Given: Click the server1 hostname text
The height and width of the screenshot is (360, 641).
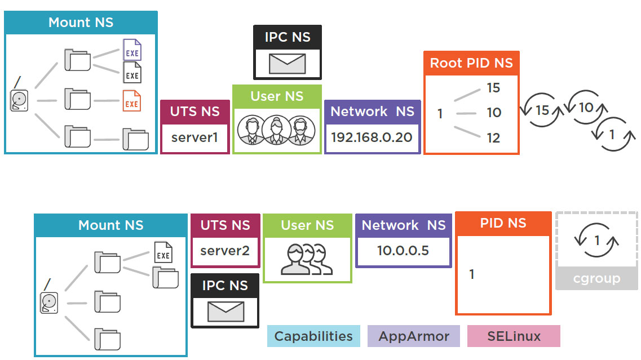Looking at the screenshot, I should point(194,137).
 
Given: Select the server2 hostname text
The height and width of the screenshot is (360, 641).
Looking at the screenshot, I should point(225,251).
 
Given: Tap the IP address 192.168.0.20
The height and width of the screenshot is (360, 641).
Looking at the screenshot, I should point(372,137).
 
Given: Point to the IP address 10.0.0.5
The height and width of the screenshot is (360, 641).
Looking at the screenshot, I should point(403,250).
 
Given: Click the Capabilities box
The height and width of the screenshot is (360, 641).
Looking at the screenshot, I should point(313,336).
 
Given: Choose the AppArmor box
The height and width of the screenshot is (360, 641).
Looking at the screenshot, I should point(414,336).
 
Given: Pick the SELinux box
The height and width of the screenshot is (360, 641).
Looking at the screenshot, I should point(514,336).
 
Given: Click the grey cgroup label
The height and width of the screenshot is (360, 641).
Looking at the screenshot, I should point(596,278).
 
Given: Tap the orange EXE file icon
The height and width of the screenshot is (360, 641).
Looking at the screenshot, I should point(131,101).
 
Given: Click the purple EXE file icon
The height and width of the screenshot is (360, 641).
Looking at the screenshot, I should point(132,51).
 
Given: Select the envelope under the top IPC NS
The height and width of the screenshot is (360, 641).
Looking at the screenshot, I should point(287,64).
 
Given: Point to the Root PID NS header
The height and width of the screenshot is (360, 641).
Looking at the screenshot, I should point(471,63).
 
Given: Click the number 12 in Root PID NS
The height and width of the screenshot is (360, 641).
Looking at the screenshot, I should point(494,137).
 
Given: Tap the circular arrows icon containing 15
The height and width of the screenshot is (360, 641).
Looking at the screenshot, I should point(542,110).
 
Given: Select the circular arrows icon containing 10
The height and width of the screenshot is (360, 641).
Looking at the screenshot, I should point(586,106).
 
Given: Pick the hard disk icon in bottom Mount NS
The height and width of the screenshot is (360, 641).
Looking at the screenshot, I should point(49,301).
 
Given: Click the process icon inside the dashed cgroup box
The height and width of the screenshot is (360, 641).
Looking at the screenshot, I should point(597,241).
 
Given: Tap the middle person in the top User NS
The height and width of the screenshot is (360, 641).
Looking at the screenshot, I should point(277,131).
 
